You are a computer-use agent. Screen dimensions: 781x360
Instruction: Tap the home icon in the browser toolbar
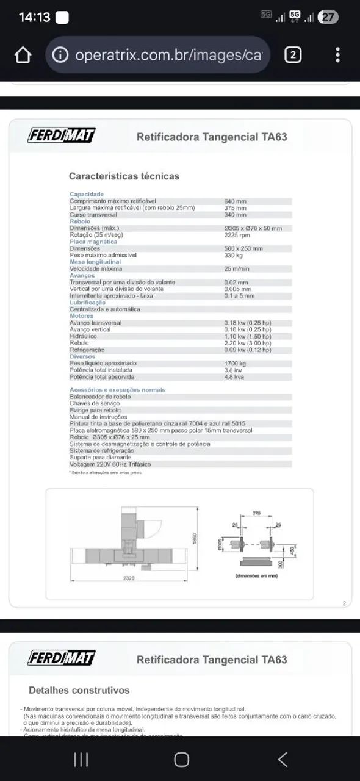pyautogui.click(x=23, y=56)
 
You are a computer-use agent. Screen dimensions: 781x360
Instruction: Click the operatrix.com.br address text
pyautogui.click(x=168, y=56)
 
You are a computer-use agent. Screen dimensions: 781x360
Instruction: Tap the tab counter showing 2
pyautogui.click(x=293, y=56)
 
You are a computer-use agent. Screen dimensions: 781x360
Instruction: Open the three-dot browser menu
pyautogui.click(x=337, y=56)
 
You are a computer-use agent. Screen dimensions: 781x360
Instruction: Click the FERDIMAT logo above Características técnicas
pyautogui.click(x=61, y=135)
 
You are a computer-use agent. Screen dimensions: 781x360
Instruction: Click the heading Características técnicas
pyautogui.click(x=124, y=176)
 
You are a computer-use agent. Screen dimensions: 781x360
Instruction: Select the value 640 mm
pyautogui.click(x=235, y=201)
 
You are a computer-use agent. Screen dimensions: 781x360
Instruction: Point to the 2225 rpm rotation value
pyautogui.click(x=237, y=234)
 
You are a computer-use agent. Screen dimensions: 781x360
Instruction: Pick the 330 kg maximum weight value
pyautogui.click(x=234, y=255)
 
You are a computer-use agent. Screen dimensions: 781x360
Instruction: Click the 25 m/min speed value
pyautogui.click(x=237, y=268)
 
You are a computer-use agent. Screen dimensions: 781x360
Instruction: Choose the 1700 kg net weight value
pyautogui.click(x=236, y=364)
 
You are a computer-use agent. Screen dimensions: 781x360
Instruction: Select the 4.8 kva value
pyautogui.click(x=234, y=377)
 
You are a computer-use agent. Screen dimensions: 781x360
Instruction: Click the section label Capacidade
pyautogui.click(x=87, y=194)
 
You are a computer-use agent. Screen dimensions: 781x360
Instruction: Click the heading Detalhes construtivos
pyautogui.click(x=79, y=690)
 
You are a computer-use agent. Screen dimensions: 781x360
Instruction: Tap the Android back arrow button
pyautogui.click(x=282, y=759)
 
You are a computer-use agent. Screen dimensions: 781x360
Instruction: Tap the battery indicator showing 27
pyautogui.click(x=328, y=17)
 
